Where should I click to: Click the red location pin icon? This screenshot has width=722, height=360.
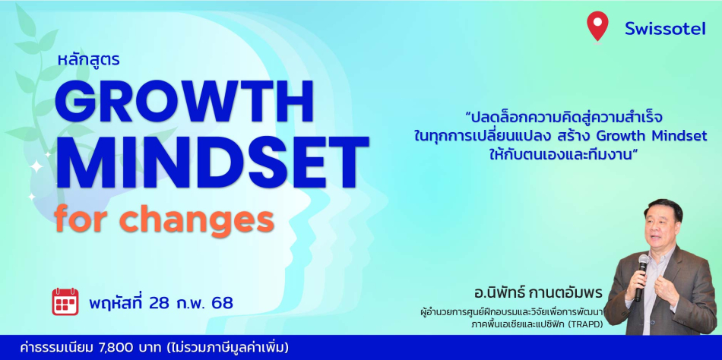[x=597, y=26]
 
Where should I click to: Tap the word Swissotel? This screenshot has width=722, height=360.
[x=665, y=29]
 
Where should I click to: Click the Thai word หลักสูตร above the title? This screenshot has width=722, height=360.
[x=88, y=59]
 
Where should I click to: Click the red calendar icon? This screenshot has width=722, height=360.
[x=65, y=302]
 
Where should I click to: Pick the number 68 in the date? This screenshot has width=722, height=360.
[x=223, y=303]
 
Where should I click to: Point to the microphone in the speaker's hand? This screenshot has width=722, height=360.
[x=641, y=276]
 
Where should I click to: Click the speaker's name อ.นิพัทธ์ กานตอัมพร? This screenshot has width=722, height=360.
[x=537, y=293]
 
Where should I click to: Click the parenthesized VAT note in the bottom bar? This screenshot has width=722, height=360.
[x=216, y=348]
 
